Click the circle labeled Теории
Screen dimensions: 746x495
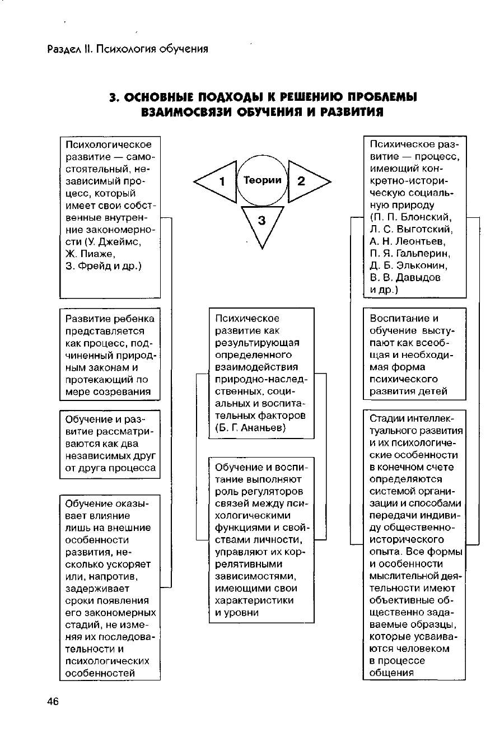[x=262, y=180]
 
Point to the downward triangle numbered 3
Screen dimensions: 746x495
[x=262, y=223]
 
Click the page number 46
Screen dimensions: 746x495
[x=53, y=702]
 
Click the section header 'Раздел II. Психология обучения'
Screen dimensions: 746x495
[x=128, y=49]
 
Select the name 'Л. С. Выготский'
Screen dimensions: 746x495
[x=411, y=229]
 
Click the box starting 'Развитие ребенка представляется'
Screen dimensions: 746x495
[x=110, y=355]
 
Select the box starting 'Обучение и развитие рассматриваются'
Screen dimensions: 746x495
[x=110, y=444]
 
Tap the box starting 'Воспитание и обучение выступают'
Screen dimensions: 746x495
[x=414, y=355]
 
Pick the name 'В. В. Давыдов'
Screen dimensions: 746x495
[x=405, y=278]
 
